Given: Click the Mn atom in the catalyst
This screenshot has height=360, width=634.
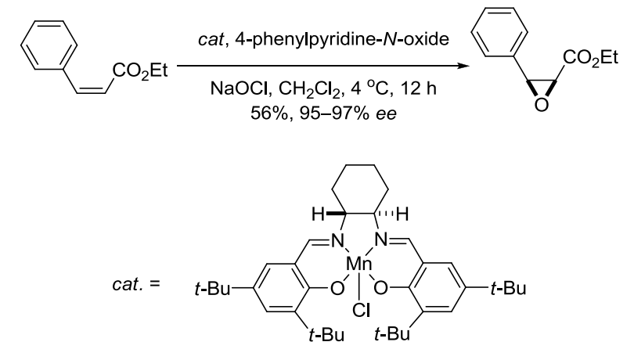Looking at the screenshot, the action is [359, 265].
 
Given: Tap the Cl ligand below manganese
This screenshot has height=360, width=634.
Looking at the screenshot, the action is [361, 311].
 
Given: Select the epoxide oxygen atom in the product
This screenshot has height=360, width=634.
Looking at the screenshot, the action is [542, 105].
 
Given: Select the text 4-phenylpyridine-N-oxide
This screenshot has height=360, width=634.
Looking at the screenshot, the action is [342, 40].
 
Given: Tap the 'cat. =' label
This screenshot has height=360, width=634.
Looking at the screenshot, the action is [136, 284].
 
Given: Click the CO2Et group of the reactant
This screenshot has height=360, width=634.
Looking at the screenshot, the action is [140, 71].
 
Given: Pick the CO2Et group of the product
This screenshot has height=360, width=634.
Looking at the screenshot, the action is [590, 58].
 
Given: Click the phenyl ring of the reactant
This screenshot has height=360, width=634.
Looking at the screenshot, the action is [49, 45].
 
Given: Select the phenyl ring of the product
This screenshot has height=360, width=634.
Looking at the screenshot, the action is [499, 32].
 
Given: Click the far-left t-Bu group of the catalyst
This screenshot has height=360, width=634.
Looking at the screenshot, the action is [212, 289].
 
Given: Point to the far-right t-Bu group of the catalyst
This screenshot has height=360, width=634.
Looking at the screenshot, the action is [508, 289].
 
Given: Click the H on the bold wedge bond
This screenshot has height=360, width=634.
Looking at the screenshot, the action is [319, 214].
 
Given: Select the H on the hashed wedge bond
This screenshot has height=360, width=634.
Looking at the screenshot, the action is [402, 214].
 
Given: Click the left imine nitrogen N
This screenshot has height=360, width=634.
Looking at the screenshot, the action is [337, 241].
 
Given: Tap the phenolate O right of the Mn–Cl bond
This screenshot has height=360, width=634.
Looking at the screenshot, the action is [380, 289].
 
